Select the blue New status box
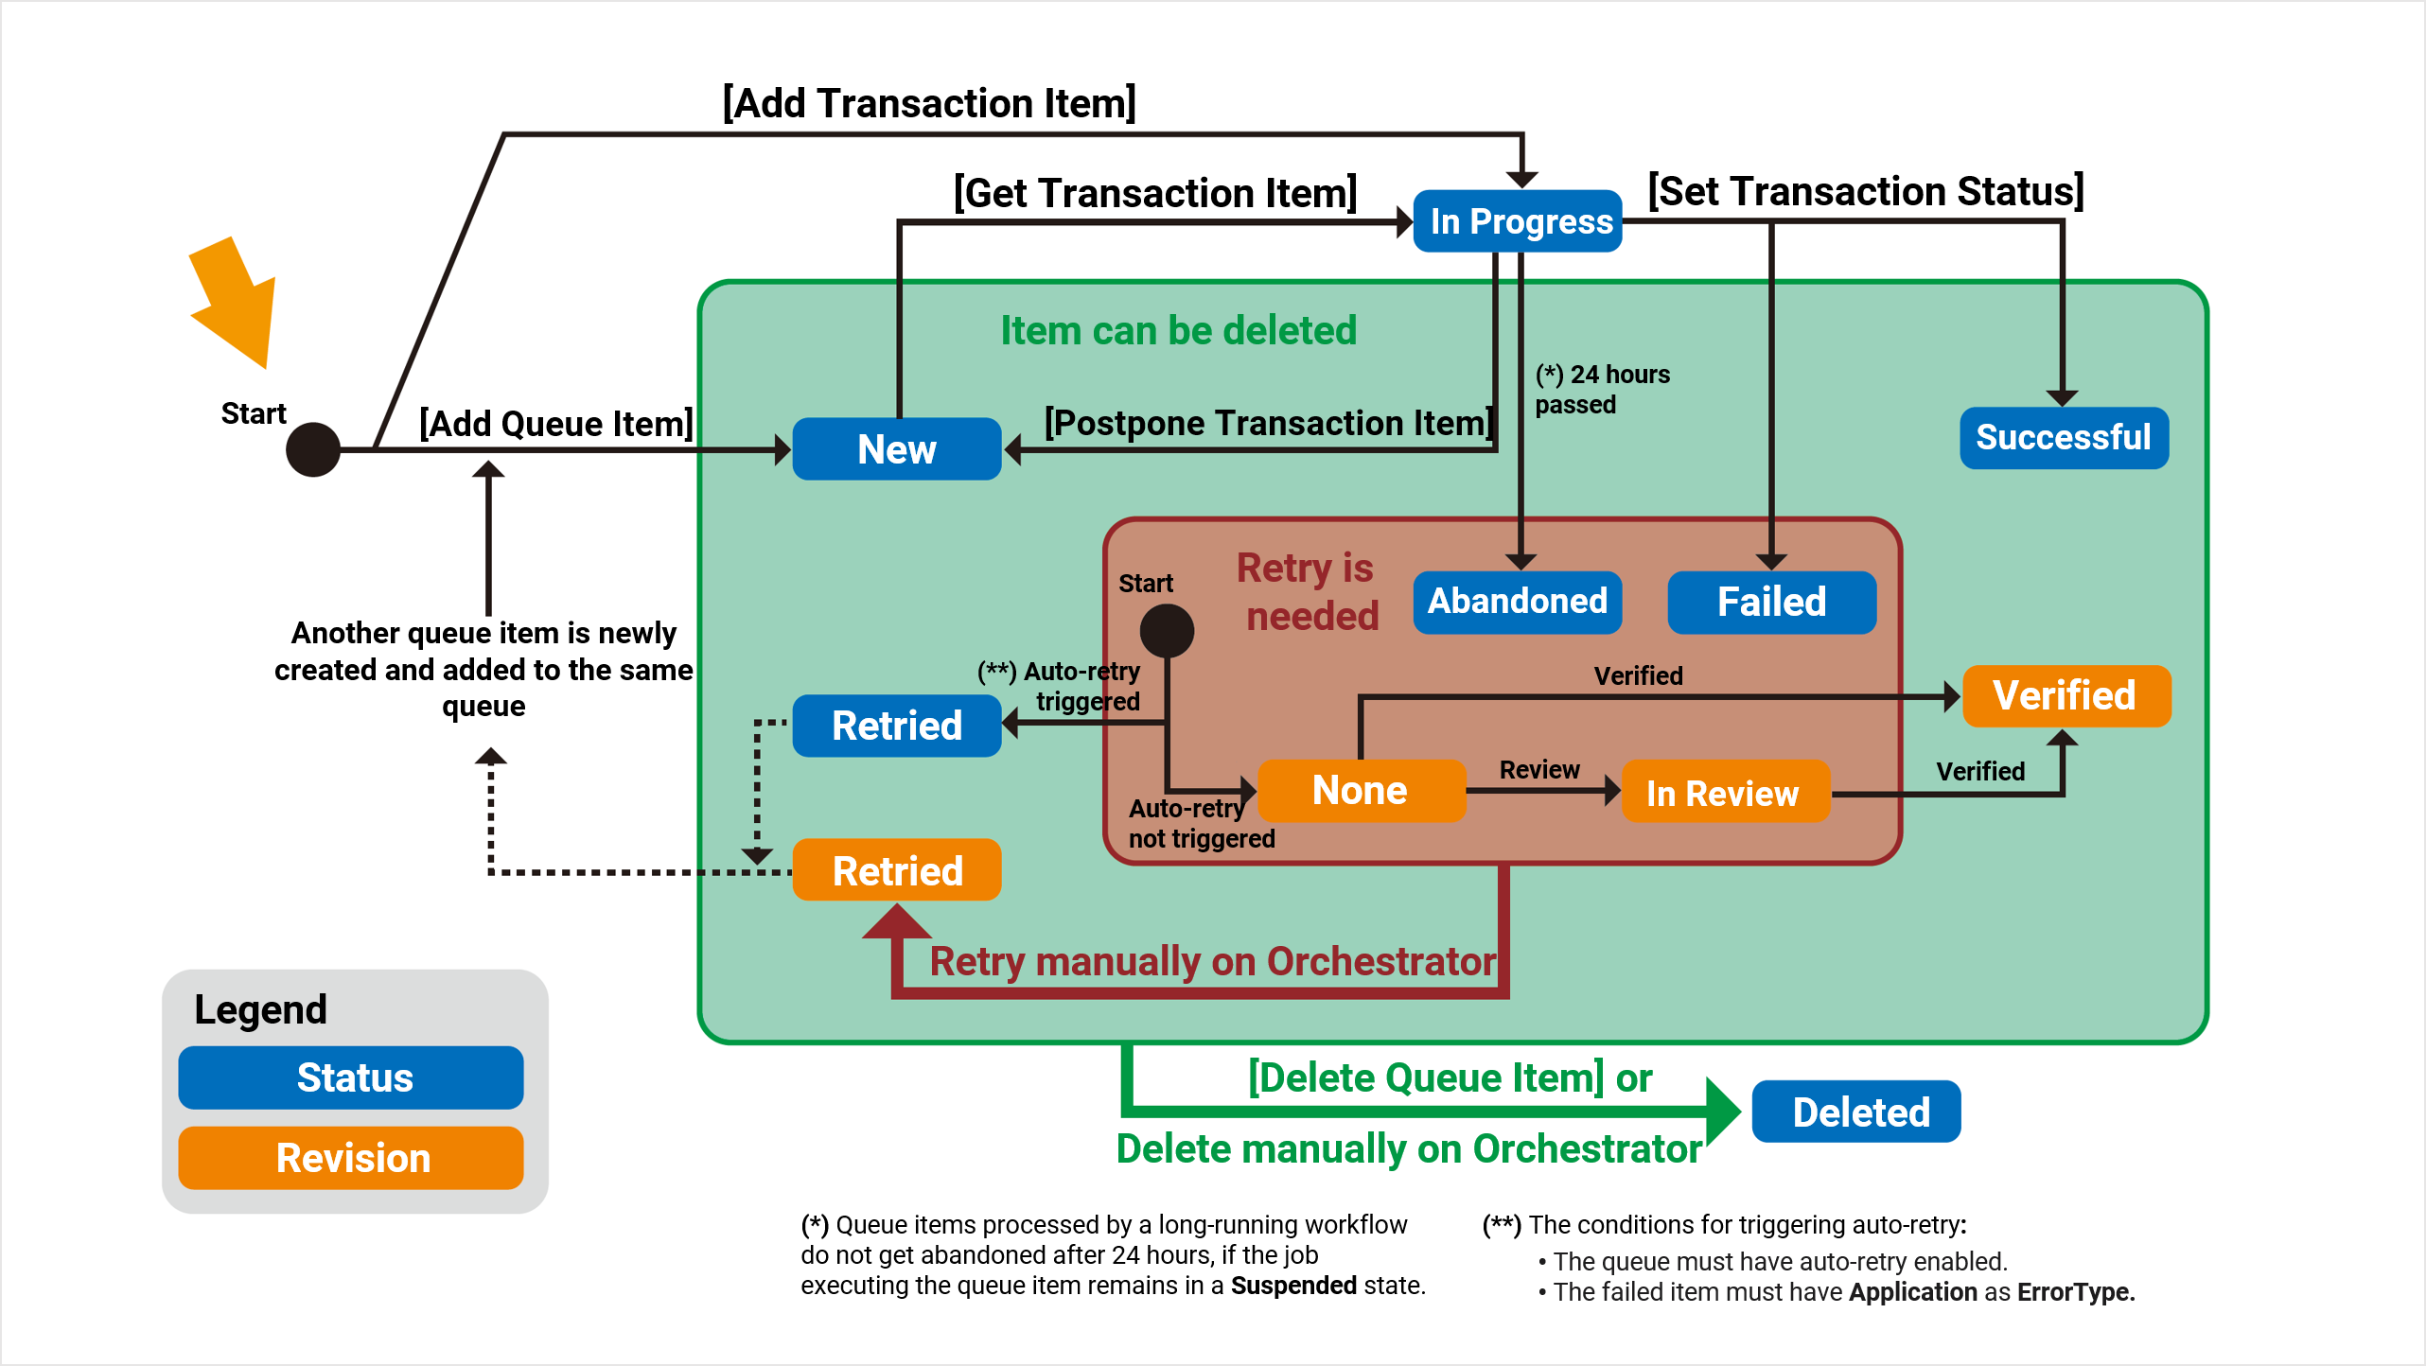tap(896, 449)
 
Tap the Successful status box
tap(2063, 438)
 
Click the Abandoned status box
tap(1517, 602)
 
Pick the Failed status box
tap(1771, 602)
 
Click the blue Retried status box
tap(896, 726)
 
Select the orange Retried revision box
tap(896, 870)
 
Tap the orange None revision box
tap(1361, 791)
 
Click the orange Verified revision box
tap(2066, 696)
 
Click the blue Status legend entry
tap(351, 1077)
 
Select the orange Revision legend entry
tap(351, 1158)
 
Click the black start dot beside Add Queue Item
tap(313, 449)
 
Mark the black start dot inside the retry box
tap(1167, 630)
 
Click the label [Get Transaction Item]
tap(1155, 193)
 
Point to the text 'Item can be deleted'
tap(1178, 331)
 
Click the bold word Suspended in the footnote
tap(1293, 1286)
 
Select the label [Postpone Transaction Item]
tap(1268, 423)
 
